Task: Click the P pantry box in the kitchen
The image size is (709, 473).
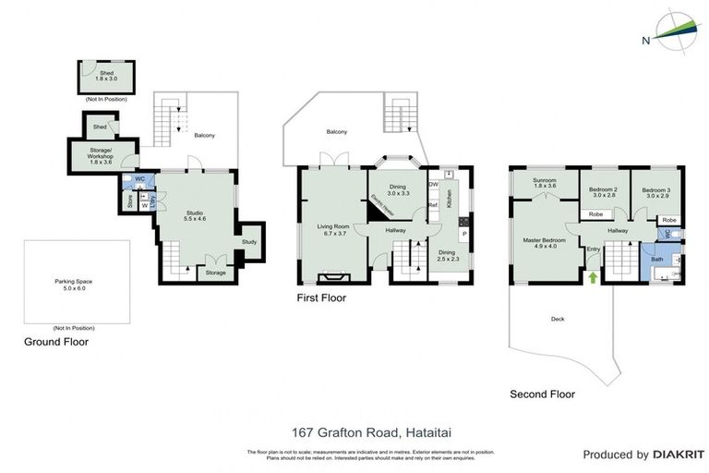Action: click(x=463, y=235)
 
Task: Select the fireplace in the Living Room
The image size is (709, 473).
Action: click(x=330, y=276)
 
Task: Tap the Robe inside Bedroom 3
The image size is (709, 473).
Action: click(x=668, y=220)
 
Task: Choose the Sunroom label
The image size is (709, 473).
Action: click(x=545, y=182)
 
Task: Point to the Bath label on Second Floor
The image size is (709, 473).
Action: click(x=656, y=260)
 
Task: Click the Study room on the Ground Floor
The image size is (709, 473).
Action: click(x=249, y=242)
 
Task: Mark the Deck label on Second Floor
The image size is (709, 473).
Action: click(x=557, y=320)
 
